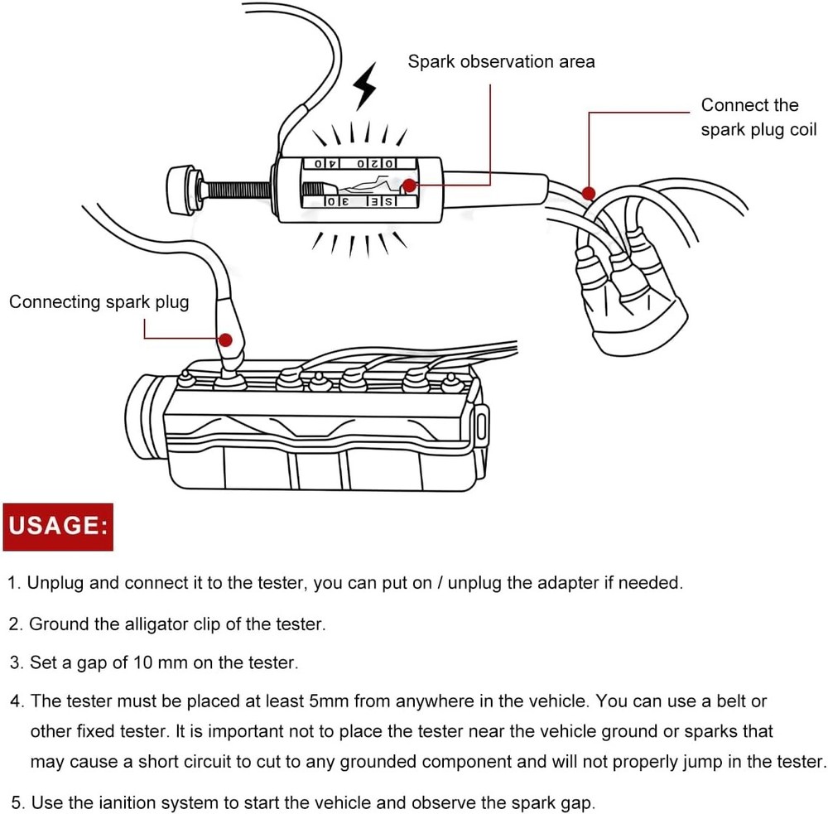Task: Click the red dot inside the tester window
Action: click(409, 185)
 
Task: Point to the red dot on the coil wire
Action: click(589, 193)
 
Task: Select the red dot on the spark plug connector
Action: click(224, 339)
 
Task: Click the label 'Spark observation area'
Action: click(501, 61)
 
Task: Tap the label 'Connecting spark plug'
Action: click(99, 301)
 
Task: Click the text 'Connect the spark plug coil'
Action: click(758, 117)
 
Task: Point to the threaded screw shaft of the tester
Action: click(237, 190)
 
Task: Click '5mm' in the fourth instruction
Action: click(327, 701)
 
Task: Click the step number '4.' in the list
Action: click(17, 701)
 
